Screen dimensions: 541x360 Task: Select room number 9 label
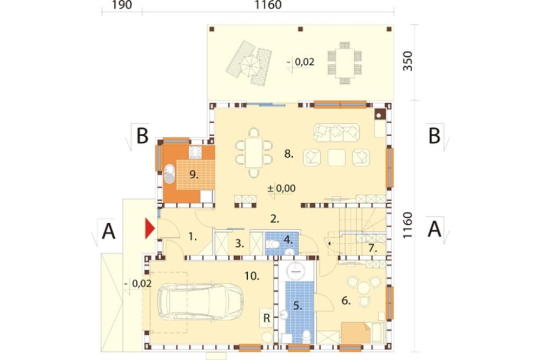click(194, 175)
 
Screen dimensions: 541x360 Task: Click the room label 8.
click(289, 154)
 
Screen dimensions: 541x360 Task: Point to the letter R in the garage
click(266, 318)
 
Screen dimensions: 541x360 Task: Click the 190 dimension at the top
click(122, 5)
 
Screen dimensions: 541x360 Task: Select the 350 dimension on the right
click(407, 61)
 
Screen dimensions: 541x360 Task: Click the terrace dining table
click(344, 63)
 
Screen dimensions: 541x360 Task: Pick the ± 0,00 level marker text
click(281, 188)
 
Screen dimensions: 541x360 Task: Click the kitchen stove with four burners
click(195, 152)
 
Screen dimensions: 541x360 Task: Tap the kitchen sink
click(169, 174)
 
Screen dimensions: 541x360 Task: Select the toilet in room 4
click(273, 244)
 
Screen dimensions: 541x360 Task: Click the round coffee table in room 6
click(364, 287)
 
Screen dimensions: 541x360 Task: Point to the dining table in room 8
click(254, 152)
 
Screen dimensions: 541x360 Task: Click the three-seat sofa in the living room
click(337, 132)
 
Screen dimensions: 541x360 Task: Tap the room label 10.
click(252, 276)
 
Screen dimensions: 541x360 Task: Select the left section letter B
click(142, 136)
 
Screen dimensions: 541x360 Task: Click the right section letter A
click(434, 229)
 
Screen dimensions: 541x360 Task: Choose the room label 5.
click(298, 305)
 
